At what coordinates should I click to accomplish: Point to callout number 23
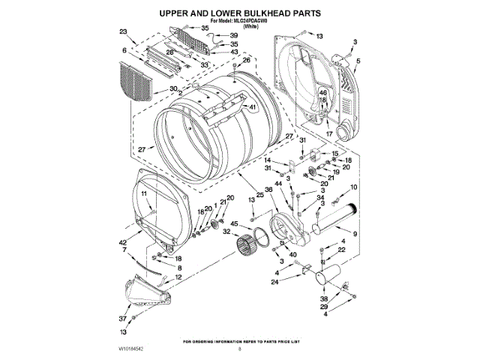123,32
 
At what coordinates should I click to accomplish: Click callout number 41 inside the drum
253,107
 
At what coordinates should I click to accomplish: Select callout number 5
358,60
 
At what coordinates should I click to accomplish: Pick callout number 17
328,133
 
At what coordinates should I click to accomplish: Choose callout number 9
355,235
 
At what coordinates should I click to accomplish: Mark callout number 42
122,242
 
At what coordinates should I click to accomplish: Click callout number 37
122,318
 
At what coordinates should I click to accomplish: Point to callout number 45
233,224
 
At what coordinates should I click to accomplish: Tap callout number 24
274,282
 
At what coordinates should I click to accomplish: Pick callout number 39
233,36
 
